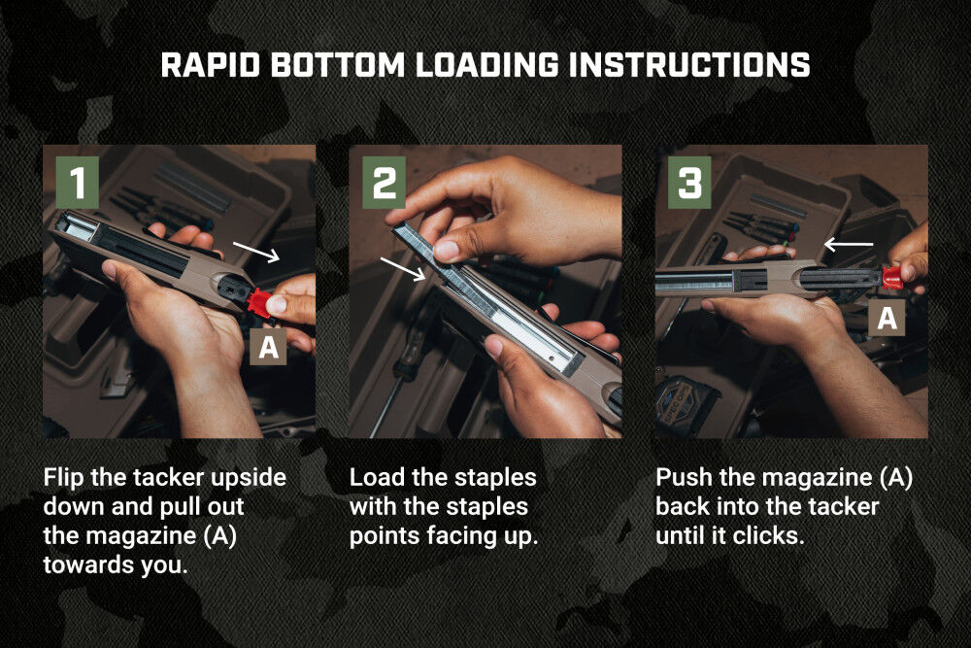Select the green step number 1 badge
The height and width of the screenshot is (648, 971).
point(78,182)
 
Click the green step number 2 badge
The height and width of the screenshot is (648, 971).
point(385,182)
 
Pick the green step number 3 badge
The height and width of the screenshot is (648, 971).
point(689,182)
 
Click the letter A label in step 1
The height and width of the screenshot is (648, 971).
point(270,347)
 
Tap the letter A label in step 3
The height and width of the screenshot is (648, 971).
point(887,317)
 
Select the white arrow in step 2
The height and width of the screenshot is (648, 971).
point(402,268)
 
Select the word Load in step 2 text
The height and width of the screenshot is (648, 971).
point(373,478)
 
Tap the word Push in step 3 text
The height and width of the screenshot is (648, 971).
point(680,478)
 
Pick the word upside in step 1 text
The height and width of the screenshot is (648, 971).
point(252,478)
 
